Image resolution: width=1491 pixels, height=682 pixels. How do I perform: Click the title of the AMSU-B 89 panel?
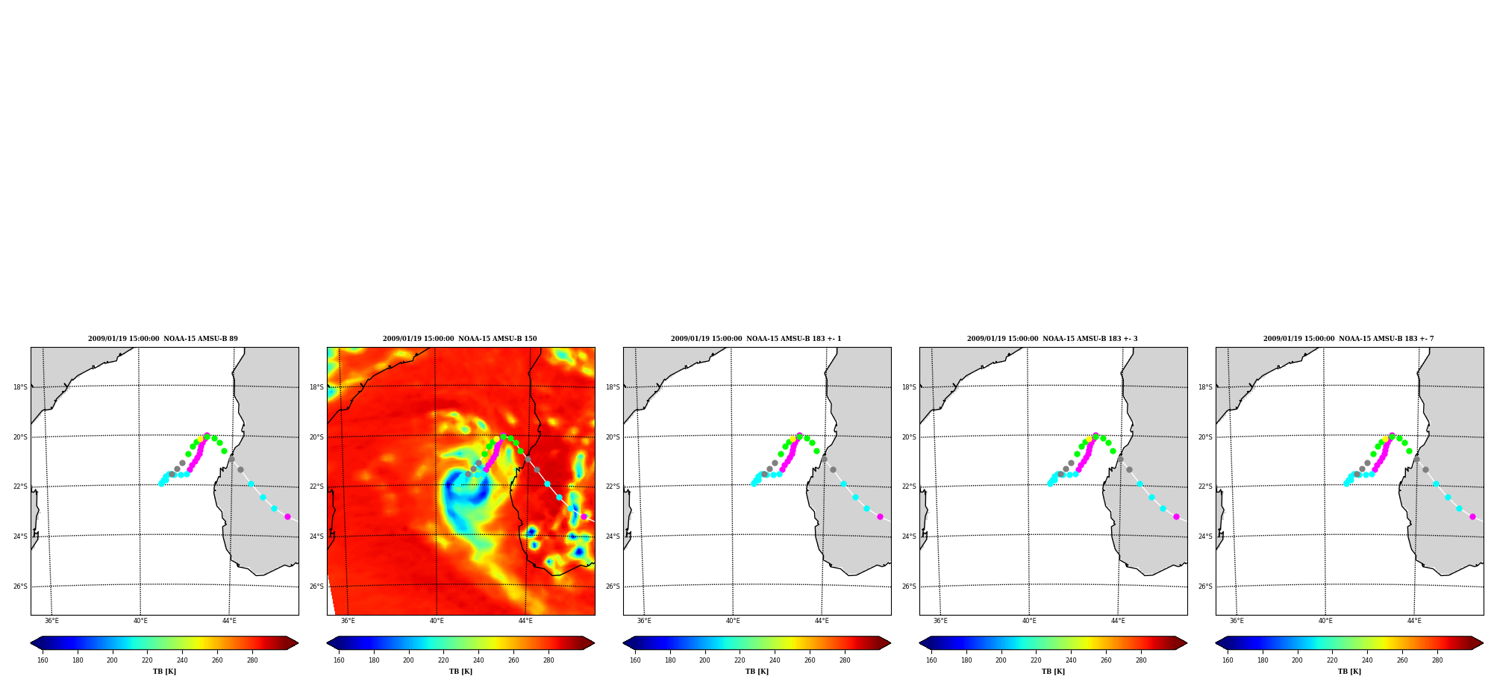163,339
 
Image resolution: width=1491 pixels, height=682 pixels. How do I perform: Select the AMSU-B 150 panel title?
460,339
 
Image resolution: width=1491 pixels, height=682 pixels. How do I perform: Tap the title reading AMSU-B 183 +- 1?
756,339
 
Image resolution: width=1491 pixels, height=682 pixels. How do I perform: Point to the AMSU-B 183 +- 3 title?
1052,339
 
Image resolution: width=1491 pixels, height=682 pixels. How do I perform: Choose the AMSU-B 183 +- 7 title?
1348,339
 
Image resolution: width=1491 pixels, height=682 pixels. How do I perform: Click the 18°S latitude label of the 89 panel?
20,387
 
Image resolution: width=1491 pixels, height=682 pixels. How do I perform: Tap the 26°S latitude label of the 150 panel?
316,586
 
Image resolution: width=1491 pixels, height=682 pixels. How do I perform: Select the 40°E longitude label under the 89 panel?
140,621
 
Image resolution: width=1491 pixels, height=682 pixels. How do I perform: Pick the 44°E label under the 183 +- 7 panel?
1414,621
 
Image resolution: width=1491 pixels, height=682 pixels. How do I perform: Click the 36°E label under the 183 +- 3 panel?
940,621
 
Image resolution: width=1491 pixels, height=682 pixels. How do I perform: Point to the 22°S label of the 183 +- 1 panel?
613,487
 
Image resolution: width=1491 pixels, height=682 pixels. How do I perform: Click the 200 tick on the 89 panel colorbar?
112,660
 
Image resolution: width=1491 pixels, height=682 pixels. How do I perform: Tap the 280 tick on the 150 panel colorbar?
548,660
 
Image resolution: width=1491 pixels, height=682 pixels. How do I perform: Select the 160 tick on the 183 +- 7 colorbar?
1228,660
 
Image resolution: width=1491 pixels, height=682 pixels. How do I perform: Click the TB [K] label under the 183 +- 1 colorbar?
757,672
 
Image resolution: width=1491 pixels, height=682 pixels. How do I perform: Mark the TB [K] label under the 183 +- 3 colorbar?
1053,672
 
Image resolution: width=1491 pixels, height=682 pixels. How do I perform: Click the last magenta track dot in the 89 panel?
287,516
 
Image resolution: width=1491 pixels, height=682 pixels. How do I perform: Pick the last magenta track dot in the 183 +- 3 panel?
1176,516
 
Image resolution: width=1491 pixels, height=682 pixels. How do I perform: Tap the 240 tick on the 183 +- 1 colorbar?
775,660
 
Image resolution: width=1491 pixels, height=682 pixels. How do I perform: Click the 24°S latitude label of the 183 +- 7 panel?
1205,536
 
